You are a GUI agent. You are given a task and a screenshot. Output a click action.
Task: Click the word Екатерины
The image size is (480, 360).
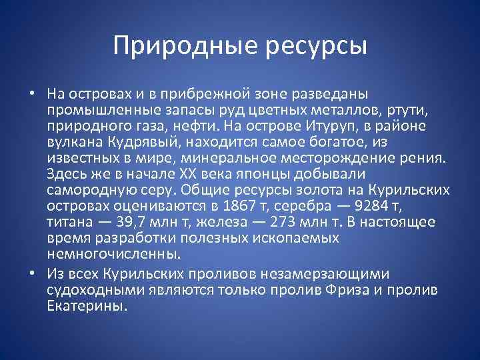tap(86, 305)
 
